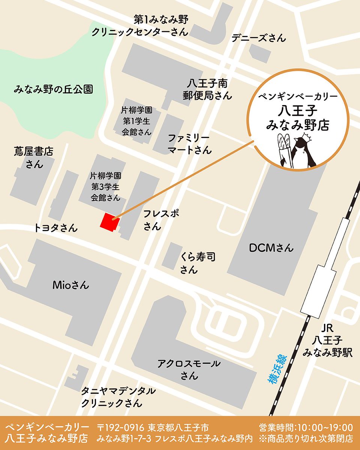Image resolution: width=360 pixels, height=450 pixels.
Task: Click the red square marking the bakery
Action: point(110,221)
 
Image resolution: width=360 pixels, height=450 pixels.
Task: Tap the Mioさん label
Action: point(71,285)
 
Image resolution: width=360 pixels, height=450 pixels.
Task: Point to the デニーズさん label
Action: point(259,38)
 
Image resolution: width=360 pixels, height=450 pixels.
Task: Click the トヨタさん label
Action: point(56,228)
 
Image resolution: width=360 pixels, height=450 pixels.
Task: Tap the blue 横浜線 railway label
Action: point(277,369)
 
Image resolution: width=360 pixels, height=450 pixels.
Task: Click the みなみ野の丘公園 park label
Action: point(53,90)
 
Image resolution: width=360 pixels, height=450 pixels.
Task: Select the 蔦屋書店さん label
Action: point(34,158)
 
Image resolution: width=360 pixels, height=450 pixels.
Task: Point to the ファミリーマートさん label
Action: point(189,144)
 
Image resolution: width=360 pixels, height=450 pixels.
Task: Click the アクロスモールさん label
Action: point(189,369)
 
